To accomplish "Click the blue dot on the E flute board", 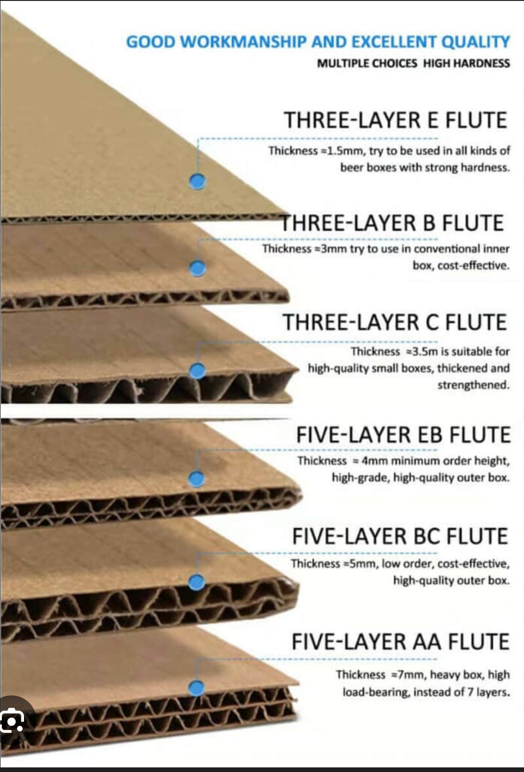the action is (197, 181).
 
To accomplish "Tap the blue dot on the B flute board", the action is (198, 268).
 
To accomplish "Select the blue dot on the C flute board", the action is (198, 371).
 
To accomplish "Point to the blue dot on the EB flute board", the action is (197, 479).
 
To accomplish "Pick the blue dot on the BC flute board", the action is (197, 582).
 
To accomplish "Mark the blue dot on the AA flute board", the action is (197, 688).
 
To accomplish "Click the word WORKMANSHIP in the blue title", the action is (244, 42).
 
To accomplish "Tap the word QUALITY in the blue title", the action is (476, 42).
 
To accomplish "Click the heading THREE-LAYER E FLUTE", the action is (395, 120).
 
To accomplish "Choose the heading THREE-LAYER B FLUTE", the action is (392, 223).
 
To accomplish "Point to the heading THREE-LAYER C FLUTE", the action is (395, 322).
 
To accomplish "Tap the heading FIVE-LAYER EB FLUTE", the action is (403, 434).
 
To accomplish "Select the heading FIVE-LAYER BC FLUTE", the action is (400, 536).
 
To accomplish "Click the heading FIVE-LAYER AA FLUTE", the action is (401, 642).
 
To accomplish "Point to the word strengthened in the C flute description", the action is (474, 385).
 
